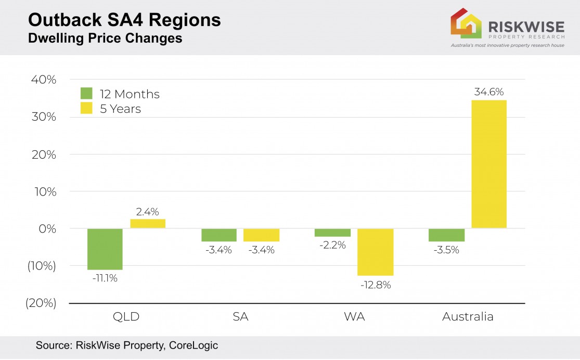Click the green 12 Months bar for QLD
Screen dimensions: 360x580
coord(105,249)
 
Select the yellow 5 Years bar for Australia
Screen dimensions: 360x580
coord(489,164)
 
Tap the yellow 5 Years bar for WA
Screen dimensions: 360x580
coord(376,252)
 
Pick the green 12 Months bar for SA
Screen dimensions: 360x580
coord(219,235)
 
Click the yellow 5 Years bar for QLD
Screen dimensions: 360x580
coord(148,224)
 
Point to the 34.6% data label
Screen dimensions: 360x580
coord(489,92)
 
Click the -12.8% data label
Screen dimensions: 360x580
coord(376,285)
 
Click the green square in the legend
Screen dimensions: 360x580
coord(86,94)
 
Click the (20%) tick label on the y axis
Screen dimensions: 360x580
coord(41,303)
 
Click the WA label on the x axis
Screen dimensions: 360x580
coord(354,317)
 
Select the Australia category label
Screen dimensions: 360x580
coord(468,317)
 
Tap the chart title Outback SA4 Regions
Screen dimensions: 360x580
coord(124,20)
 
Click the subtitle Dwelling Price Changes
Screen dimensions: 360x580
coord(105,38)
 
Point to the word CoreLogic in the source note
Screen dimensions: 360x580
coord(193,345)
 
